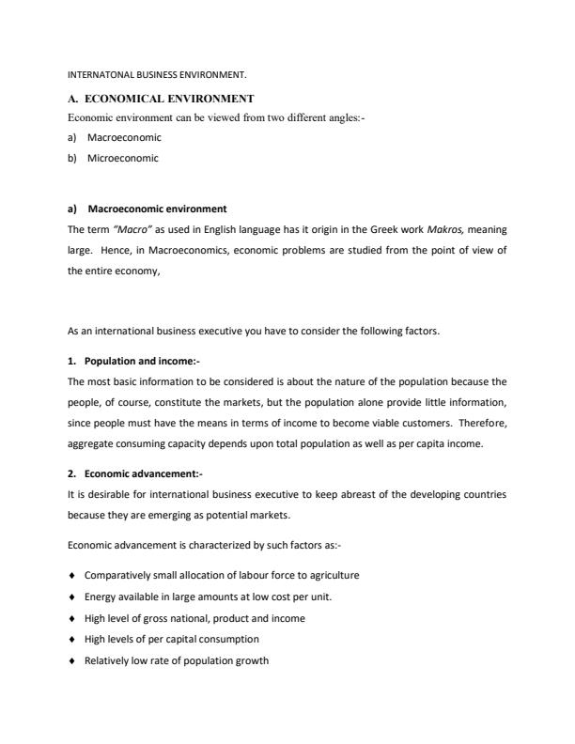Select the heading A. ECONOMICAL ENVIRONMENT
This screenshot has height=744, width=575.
[162, 98]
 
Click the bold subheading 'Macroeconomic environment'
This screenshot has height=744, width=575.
[157, 209]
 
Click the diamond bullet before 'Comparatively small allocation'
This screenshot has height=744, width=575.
[72, 575]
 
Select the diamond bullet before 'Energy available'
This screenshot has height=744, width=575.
[72, 597]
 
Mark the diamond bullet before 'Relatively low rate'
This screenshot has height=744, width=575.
[72, 660]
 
